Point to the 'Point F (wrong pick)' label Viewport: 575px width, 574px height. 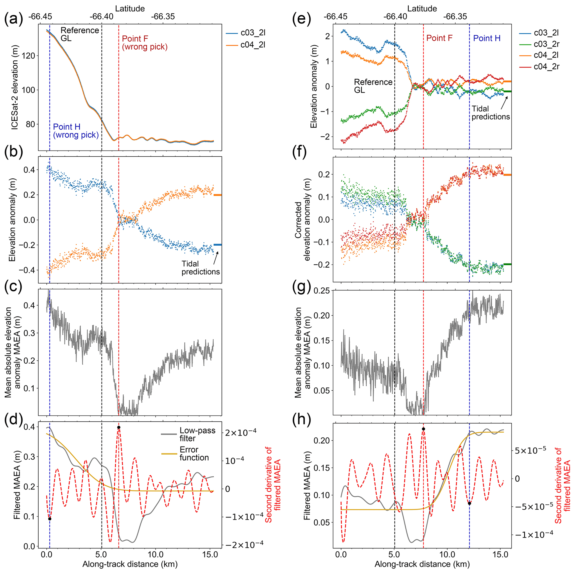[x=145, y=43]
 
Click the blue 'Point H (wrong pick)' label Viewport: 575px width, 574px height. [x=76, y=131]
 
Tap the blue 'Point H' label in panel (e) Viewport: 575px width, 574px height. [x=487, y=38]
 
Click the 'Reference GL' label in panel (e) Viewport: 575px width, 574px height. [x=373, y=86]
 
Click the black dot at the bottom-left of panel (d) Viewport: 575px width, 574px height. [x=50, y=519]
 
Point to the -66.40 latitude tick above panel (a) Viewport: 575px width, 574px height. [x=102, y=16]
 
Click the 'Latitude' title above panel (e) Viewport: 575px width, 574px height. [x=422, y=9]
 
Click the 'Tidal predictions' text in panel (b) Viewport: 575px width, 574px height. [x=201, y=268]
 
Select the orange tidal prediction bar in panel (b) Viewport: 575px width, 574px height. [x=218, y=195]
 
